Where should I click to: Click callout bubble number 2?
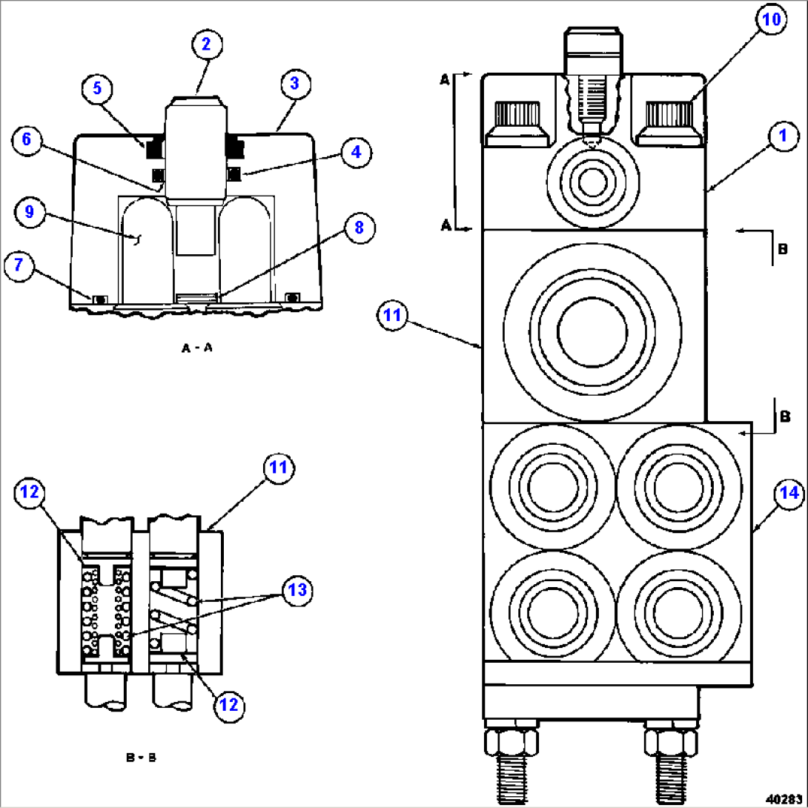[x=205, y=44]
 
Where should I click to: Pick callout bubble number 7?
[x=20, y=265]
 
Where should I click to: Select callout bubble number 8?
[x=358, y=228]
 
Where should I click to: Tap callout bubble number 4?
[x=356, y=152]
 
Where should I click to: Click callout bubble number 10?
[x=772, y=20]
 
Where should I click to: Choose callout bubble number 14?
[x=789, y=493]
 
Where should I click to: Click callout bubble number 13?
[x=297, y=591]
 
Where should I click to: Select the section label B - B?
[x=140, y=758]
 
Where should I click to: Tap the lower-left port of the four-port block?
[x=552, y=612]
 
